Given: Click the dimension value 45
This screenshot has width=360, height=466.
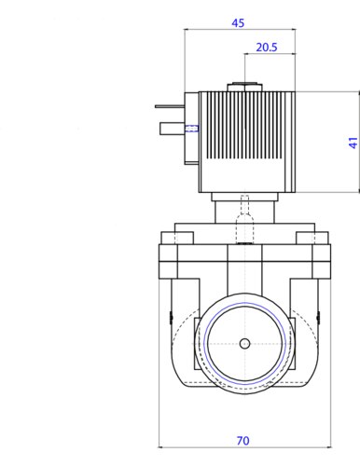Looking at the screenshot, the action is point(238,23).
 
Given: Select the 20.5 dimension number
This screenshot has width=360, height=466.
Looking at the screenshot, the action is point(267,48).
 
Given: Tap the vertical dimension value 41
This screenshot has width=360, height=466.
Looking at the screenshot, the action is point(353,143).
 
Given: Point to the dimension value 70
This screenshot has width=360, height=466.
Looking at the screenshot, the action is point(242,441).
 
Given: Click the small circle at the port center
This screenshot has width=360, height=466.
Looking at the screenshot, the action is point(244,344).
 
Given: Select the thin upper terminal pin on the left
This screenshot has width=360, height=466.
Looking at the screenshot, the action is point(170,106).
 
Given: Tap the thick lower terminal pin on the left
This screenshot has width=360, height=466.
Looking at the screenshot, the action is point(173,129).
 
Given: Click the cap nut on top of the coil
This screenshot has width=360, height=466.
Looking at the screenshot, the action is point(245,88).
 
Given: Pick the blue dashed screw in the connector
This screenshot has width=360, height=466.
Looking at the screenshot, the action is point(192,128).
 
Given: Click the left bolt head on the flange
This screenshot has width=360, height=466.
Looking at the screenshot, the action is point(177,238).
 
